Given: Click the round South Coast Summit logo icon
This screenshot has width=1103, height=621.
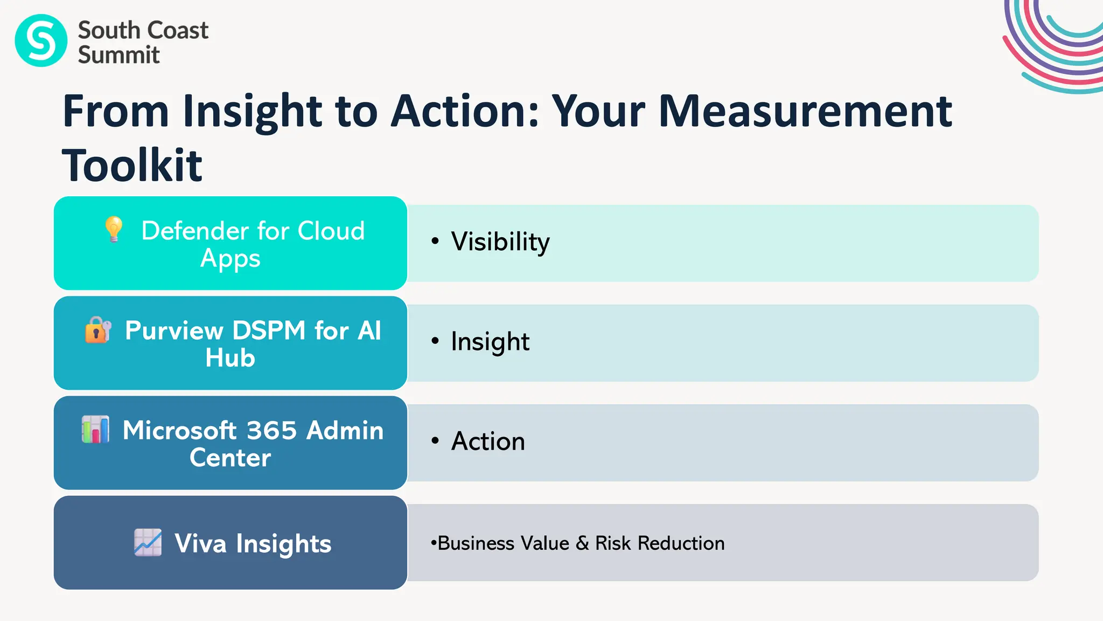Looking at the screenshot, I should pos(41,40).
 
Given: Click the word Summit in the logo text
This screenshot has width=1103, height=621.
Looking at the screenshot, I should pos(118,55).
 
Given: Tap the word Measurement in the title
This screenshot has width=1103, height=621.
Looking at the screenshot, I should pos(805,111).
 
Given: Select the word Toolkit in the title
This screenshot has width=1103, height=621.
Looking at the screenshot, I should pos(132,165).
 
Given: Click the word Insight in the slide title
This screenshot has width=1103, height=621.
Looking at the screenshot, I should pos(252,111).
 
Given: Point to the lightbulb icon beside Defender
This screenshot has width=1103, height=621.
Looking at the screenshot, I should pos(114,230).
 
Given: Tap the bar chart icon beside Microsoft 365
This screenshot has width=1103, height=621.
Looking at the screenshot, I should pos(95,430).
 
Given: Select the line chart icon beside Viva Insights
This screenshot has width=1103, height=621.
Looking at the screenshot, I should pos(148,542).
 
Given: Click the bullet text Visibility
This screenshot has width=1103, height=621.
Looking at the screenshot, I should pos(500,241).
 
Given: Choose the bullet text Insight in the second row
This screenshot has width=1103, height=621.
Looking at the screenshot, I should pos(490,341).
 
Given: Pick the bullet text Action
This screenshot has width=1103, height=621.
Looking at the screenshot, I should pos(488,441).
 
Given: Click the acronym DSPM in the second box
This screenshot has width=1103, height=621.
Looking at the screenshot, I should pos(269,330).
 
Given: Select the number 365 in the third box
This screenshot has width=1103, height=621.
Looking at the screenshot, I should pos(272,430).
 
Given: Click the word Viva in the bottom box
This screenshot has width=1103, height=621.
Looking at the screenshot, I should pos(200,543).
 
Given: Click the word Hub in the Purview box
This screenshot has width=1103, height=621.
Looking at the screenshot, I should pos(230,358).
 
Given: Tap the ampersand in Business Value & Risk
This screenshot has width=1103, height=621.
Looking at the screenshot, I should pos(582,543).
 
